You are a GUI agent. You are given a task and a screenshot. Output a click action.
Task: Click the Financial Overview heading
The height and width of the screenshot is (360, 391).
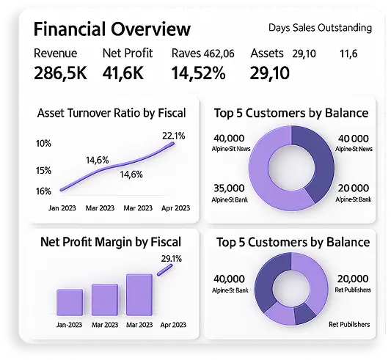[x=112, y=29]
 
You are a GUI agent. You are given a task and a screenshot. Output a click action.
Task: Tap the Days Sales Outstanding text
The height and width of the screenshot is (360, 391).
[x=320, y=28]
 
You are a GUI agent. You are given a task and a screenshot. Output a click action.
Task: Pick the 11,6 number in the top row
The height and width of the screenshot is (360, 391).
[x=348, y=54]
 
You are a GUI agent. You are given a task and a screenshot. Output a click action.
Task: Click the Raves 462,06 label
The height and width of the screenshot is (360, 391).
[x=202, y=54]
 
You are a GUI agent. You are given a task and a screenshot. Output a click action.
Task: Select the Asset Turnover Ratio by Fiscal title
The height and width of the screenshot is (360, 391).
[x=112, y=113]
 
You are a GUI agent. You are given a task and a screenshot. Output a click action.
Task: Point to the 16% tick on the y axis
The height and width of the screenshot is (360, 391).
[x=43, y=191]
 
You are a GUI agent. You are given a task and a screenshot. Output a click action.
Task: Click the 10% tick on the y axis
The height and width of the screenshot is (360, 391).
[x=43, y=143]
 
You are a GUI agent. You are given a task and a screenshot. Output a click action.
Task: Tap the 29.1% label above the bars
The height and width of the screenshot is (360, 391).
[x=172, y=258]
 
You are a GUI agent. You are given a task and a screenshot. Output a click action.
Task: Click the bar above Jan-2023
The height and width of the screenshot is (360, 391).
[x=70, y=301]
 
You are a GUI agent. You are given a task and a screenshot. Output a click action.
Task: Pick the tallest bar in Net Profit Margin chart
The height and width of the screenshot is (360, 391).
[x=139, y=295]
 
